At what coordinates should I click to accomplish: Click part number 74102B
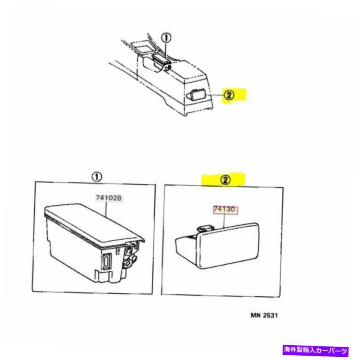[108, 198]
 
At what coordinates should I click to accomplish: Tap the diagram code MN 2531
[264, 315]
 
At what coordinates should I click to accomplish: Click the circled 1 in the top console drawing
[166, 38]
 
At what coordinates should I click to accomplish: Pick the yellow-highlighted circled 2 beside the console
[229, 95]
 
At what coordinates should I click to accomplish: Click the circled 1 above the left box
[96, 177]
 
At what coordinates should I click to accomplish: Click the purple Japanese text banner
[316, 350]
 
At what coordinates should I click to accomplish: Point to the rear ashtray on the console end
[195, 94]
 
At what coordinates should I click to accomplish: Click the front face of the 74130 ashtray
[228, 246]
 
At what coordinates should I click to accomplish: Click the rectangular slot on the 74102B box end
[107, 261]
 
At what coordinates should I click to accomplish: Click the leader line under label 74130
[224, 220]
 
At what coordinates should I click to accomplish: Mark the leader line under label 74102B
[106, 209]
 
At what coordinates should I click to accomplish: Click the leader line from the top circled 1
[166, 49]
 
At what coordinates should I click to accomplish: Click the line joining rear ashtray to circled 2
[215, 95]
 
